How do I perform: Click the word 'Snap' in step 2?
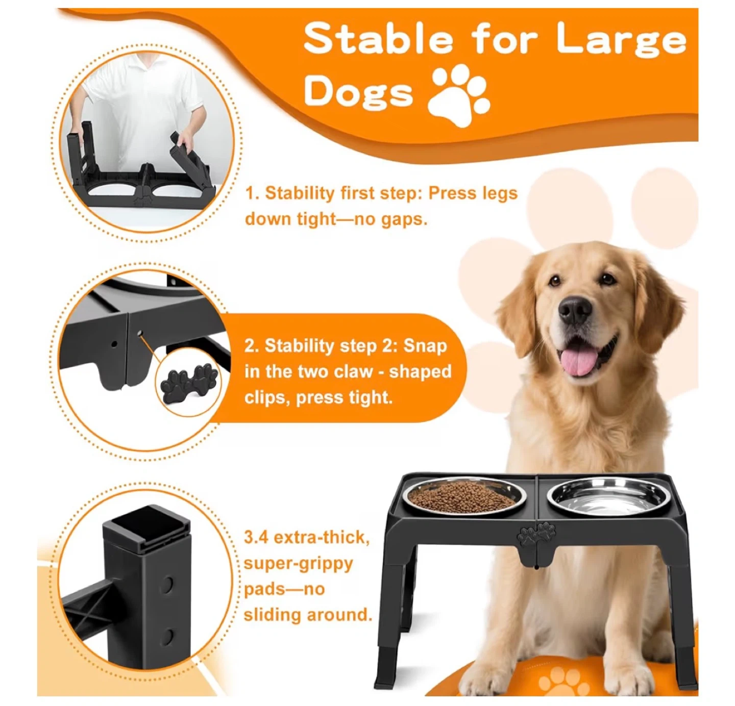pyautogui.click(x=425, y=346)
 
